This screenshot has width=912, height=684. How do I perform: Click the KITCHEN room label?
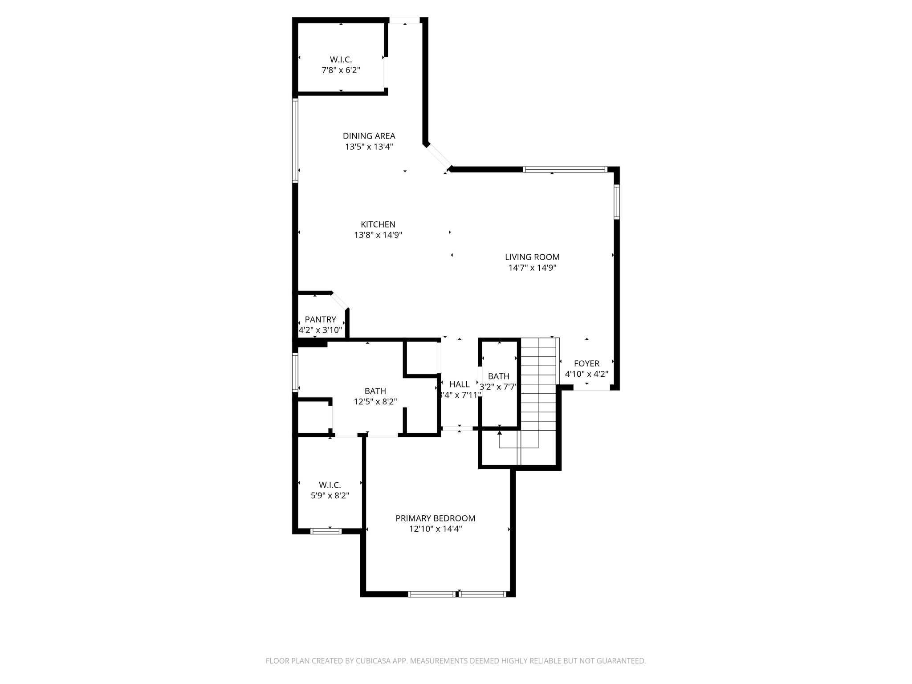[378, 224]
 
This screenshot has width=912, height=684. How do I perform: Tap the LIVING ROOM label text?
[532, 257]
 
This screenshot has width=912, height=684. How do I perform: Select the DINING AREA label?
[369, 136]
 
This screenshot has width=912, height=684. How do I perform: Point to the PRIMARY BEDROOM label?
[435, 518]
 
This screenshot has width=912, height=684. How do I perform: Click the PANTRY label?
[320, 319]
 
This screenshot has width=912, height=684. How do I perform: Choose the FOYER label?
[586, 363]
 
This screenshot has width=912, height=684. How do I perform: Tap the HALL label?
[459, 384]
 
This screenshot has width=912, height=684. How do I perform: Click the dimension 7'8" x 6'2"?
[341, 70]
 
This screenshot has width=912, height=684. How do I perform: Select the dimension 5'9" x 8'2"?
[330, 496]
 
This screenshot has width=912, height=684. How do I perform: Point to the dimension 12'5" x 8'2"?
[375, 402]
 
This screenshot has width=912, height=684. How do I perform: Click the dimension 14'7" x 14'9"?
[532, 268]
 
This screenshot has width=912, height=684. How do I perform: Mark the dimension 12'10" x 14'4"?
[435, 529]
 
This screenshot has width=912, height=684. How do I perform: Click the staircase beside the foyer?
[538, 383]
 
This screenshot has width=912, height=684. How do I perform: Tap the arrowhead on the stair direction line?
[500, 432]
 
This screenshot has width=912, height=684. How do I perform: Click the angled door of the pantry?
[339, 301]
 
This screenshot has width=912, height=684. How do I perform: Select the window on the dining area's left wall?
[295, 140]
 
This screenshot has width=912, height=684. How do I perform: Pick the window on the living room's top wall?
[564, 169]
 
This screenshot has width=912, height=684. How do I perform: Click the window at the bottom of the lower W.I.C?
[326, 531]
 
